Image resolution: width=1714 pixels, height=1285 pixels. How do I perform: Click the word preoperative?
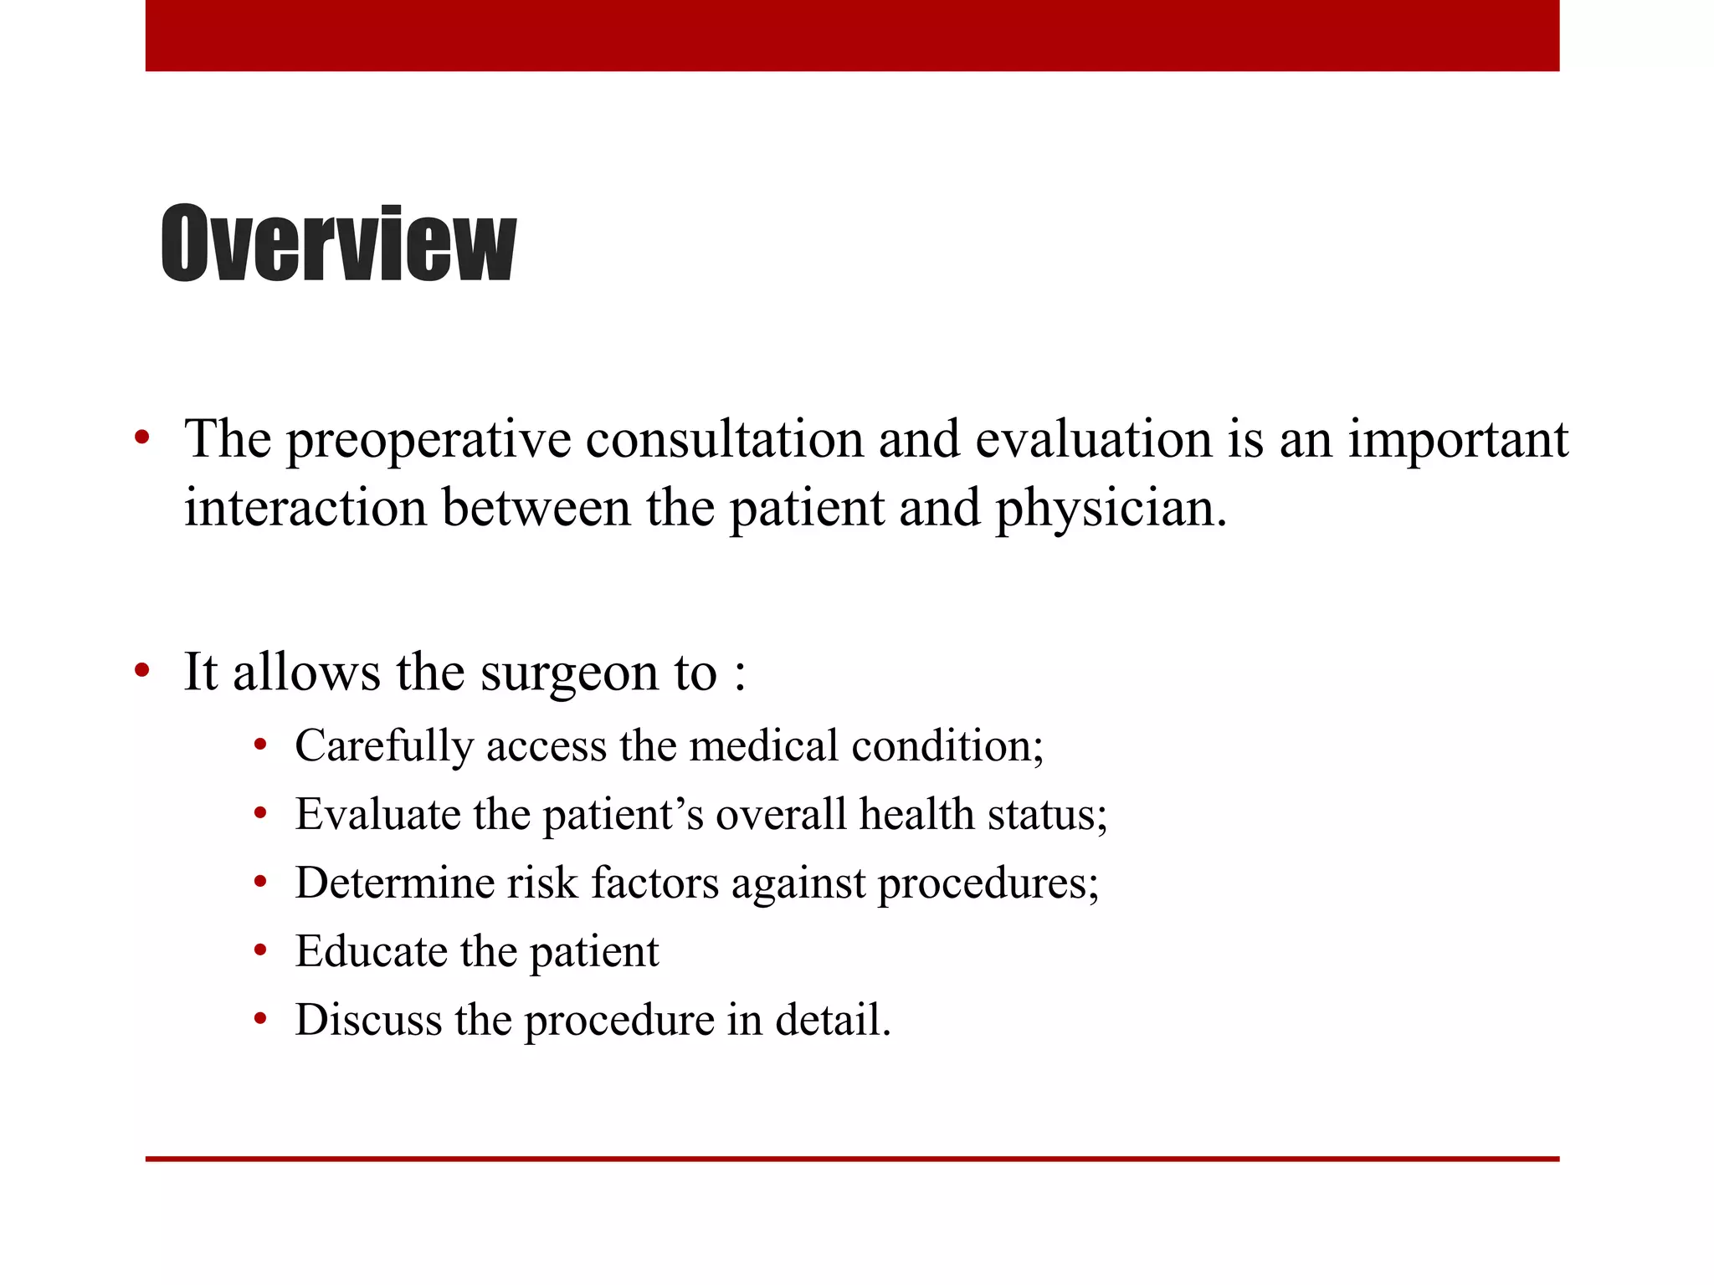click(x=429, y=440)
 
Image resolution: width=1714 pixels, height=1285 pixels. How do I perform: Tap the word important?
click(x=1457, y=440)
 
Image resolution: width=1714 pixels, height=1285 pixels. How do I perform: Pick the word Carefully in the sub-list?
click(x=384, y=746)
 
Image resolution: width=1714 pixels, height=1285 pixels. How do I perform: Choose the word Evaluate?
click(x=377, y=814)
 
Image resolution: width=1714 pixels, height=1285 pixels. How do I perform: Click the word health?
click(x=916, y=814)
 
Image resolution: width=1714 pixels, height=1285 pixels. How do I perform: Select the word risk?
click(x=542, y=883)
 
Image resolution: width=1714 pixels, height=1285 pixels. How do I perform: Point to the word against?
click(x=798, y=884)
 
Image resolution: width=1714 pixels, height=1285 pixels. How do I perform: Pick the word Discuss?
click(x=368, y=1020)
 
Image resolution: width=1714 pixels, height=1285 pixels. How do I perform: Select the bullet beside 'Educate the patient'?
click(x=260, y=950)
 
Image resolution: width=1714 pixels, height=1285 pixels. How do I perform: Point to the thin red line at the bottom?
click(x=852, y=1159)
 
